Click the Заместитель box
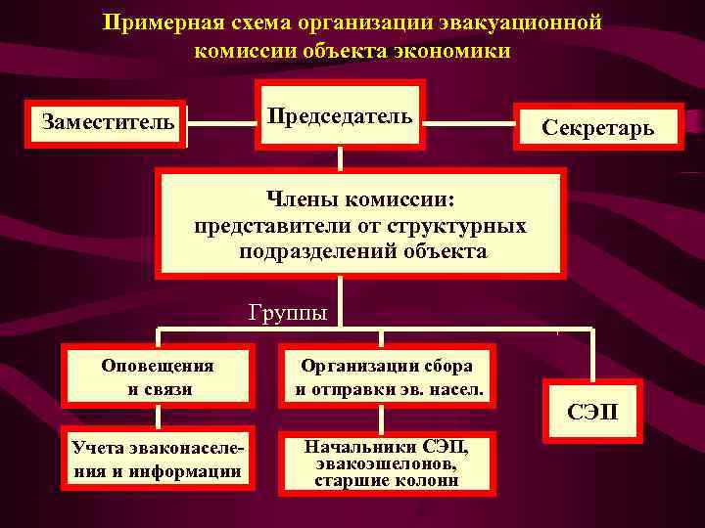coord(108,122)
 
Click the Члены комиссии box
coord(360,225)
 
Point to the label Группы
coord(287,314)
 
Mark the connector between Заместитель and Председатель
coord(220,123)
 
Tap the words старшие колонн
coord(387,480)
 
